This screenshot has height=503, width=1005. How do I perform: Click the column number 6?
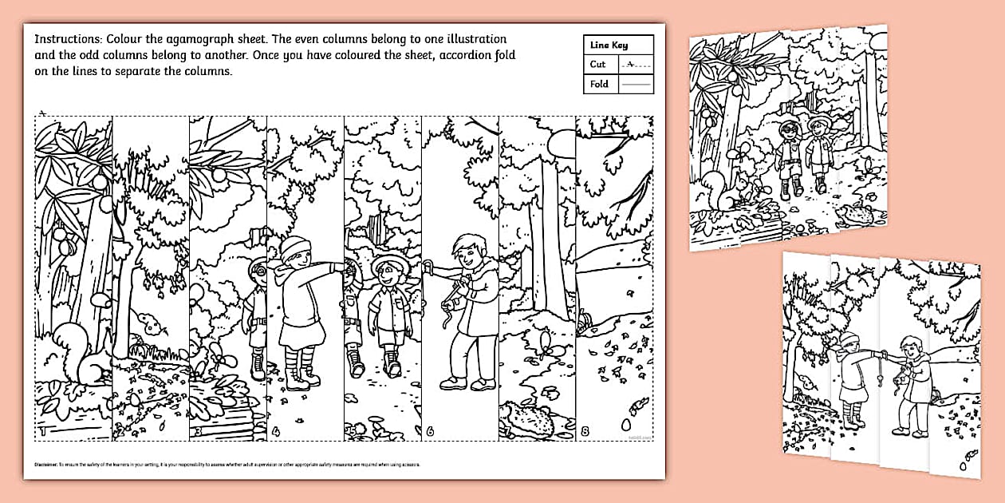coord(431,432)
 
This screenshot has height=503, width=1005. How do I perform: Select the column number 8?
coord(585,432)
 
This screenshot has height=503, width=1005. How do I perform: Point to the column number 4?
coord(275,432)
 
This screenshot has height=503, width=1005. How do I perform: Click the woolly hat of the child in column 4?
coord(293,248)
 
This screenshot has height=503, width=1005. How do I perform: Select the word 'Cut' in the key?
coord(598,64)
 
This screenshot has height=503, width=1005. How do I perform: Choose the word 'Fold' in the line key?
coord(599,84)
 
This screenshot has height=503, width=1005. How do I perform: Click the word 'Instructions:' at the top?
coord(66,38)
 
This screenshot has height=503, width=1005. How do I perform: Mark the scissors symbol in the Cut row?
coord(631,63)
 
